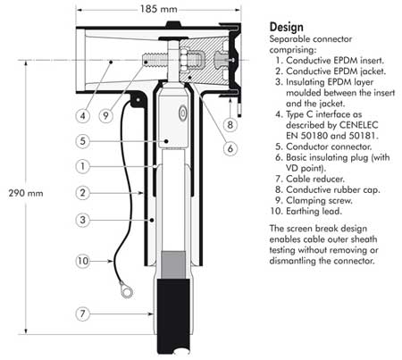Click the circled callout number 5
106,140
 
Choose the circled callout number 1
106,165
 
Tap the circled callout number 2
106,192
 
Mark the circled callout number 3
106,220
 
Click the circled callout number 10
106,260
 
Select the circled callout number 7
106,314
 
